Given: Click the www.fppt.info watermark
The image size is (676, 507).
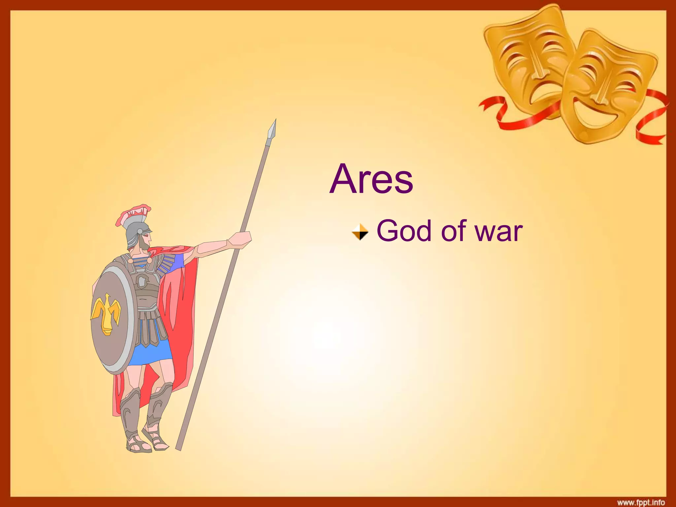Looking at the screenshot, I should click(x=641, y=502).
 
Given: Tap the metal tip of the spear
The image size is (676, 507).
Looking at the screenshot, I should click(x=273, y=130).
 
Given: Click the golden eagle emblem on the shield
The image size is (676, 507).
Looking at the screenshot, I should click(x=106, y=314).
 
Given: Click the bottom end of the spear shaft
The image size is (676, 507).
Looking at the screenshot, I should click(x=179, y=447).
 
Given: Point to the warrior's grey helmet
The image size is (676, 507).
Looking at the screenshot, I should click(x=137, y=231).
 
